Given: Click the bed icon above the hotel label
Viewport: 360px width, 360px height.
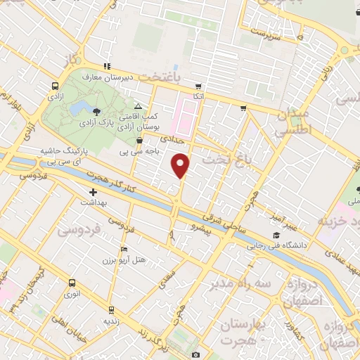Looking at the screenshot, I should (124, 250).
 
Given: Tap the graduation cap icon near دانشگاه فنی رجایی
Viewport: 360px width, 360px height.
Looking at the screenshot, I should (276, 236).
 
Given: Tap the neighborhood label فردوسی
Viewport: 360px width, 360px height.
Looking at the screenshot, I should (79, 230).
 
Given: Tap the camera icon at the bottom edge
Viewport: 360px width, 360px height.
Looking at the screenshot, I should (195, 355).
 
